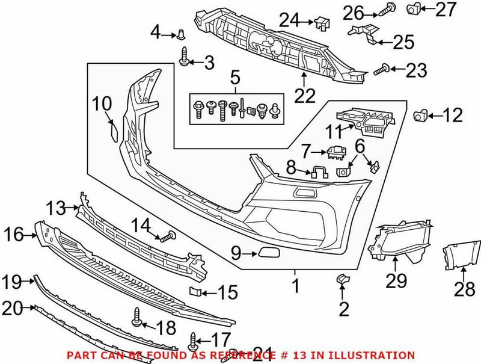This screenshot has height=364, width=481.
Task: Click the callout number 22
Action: [x=304, y=95]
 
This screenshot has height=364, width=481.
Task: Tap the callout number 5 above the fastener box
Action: [x=234, y=77]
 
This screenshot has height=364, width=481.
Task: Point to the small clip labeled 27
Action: [x=414, y=8]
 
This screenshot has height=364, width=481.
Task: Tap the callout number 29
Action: [x=397, y=281]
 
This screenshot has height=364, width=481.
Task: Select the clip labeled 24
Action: [x=321, y=22]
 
